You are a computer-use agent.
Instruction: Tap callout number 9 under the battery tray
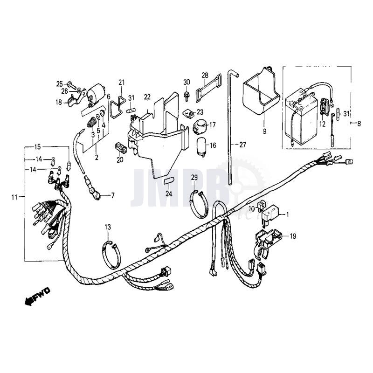[x=264, y=132]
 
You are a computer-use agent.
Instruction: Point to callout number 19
[x=292, y=236]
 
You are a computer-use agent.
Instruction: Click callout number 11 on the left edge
[x=14, y=197]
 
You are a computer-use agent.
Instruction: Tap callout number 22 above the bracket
[x=147, y=97]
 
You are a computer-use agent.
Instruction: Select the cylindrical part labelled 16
[x=202, y=145]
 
